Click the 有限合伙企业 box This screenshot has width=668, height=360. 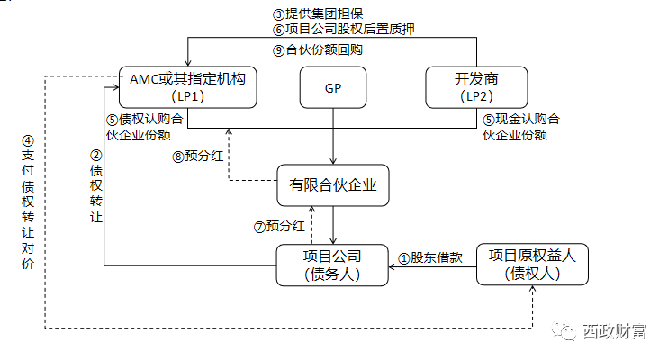point(332,185)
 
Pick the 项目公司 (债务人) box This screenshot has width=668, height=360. point(332,265)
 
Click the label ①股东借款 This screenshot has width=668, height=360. point(430,256)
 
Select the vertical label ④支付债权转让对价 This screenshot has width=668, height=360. point(28,203)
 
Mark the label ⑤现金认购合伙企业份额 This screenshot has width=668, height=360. point(519,128)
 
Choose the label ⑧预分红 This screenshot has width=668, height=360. point(197,155)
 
